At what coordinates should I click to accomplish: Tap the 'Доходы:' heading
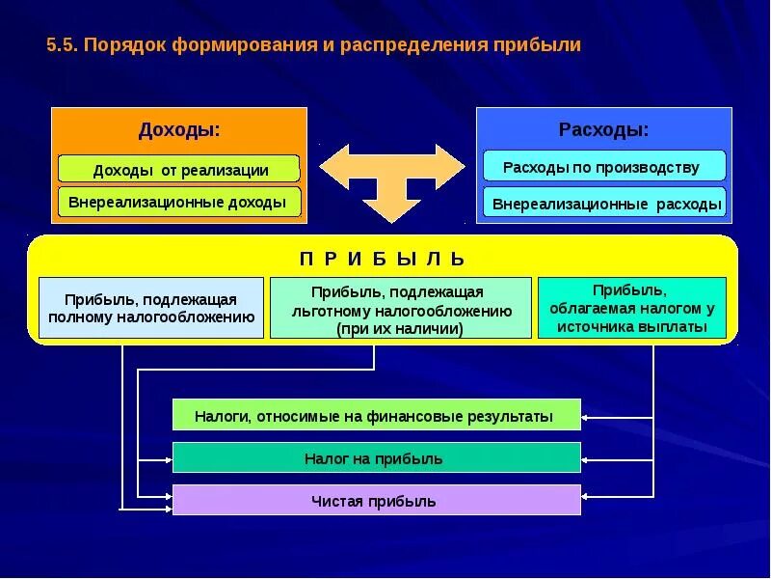click(179, 129)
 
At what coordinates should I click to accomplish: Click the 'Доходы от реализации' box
click(179, 170)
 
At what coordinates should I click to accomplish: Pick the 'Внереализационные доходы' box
click(179, 203)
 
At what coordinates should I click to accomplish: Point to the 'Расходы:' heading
click(603, 129)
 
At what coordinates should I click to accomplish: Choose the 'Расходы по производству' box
click(603, 167)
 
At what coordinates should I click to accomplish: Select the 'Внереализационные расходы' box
click(605, 204)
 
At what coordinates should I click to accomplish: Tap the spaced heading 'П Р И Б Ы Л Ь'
click(383, 259)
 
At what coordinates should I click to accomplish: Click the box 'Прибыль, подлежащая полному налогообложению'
click(151, 308)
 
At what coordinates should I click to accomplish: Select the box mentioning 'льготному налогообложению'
click(400, 308)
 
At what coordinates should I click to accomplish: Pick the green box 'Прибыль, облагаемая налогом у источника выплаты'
click(631, 308)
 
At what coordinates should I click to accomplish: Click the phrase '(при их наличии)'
click(400, 329)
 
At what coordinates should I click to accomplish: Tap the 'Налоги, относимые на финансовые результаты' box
click(376, 416)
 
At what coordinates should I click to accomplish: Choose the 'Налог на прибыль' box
click(376, 458)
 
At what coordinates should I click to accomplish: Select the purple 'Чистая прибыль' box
click(376, 501)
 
